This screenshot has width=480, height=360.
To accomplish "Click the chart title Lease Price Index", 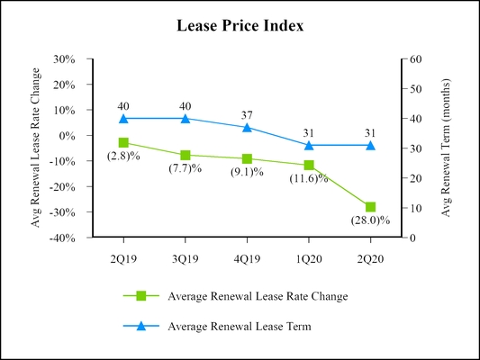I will pyautogui.click(x=240, y=26).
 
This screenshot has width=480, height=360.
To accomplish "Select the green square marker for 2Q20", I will pyautogui.click(x=370, y=207).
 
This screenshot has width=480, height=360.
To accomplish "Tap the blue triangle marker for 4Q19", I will pyautogui.click(x=247, y=127).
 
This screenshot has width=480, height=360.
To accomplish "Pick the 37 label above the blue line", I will pyautogui.click(x=247, y=114).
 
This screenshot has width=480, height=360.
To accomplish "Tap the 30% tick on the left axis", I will pyautogui.click(x=65, y=59).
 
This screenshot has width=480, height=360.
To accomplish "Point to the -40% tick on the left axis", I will pyautogui.click(x=63, y=238).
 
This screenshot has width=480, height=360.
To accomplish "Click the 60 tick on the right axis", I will pyautogui.click(x=416, y=59).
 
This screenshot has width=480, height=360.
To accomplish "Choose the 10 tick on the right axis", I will pyautogui.click(x=416, y=209).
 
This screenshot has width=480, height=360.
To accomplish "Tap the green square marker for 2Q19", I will pyautogui.click(x=123, y=142).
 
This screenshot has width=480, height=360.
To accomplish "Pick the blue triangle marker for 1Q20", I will pyautogui.click(x=308, y=145).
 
